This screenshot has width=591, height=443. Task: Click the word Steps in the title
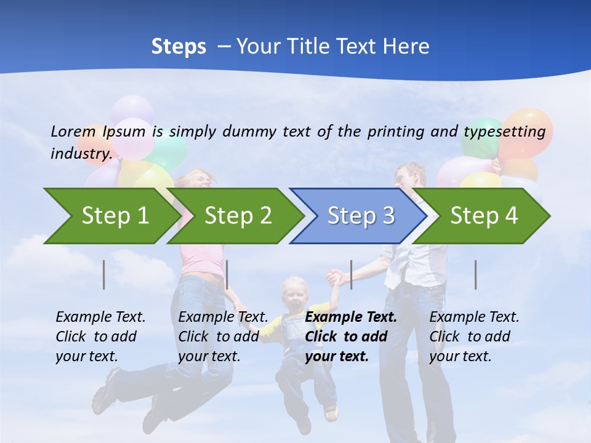(179, 47)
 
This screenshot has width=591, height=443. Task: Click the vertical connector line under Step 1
(104, 274)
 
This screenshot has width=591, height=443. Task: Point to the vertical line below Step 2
(227, 274)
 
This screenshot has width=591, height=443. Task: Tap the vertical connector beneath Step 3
(351, 274)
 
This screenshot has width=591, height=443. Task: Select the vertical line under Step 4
(475, 274)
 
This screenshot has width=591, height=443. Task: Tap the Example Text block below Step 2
(223, 337)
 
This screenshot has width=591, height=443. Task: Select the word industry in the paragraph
(80, 154)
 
